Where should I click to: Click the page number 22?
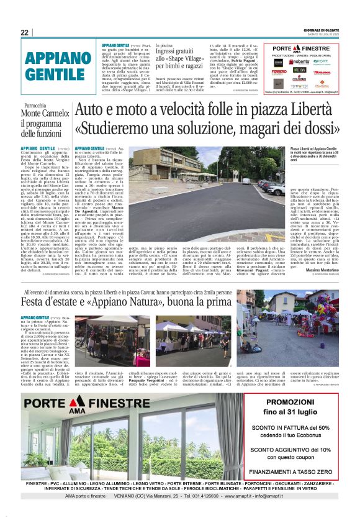[x=25, y=32]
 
